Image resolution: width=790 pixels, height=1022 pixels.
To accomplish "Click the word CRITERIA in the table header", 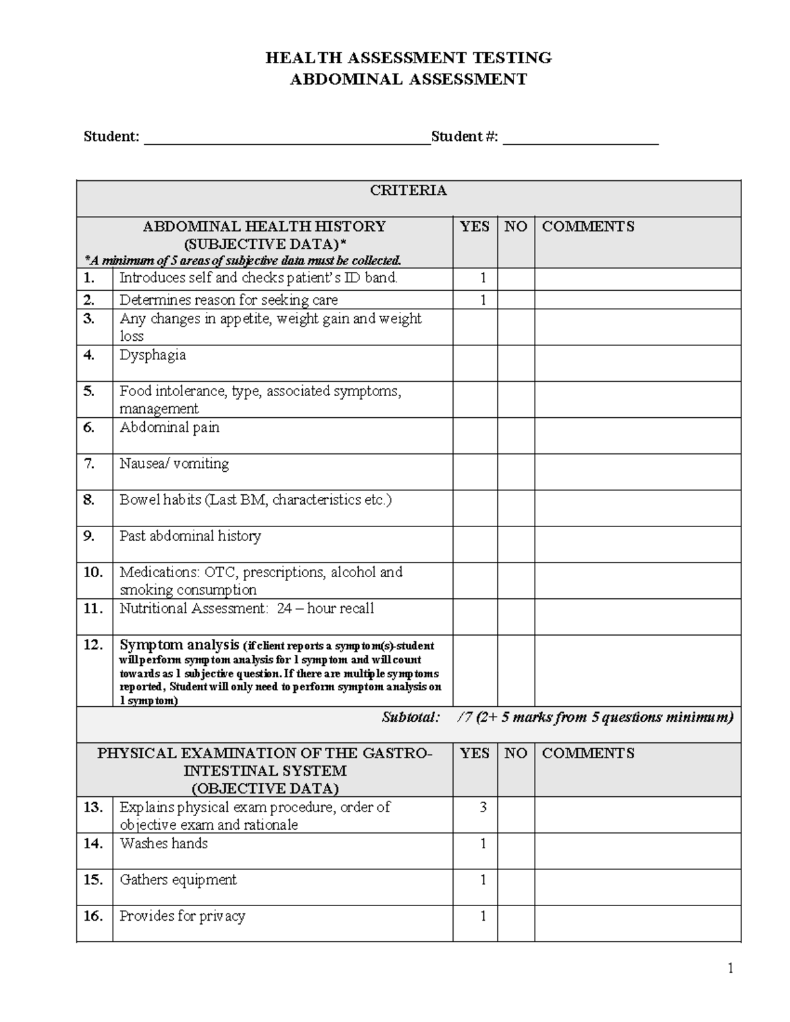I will tap(408, 191).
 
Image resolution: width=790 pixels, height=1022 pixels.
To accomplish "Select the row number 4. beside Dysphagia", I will tap(90, 355).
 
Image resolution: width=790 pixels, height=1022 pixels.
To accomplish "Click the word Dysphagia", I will tap(152, 355).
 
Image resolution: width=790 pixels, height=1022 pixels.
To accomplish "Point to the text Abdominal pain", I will tap(169, 428).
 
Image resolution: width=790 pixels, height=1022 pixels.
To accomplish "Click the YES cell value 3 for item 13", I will tap(483, 807).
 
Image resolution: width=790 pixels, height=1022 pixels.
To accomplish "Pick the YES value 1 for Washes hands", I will tap(483, 844).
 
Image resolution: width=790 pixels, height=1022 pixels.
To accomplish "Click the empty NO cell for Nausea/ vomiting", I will tap(515, 471).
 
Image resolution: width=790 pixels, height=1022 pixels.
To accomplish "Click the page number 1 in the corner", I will tap(730, 968).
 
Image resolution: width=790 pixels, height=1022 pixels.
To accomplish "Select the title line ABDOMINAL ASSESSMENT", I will tap(408, 80).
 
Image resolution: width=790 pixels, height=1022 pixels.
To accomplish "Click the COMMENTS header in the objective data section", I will tap(588, 754).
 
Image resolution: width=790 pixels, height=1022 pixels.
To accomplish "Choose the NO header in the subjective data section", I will tap(515, 227).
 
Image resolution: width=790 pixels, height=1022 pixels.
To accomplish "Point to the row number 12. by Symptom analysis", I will tap(93, 645).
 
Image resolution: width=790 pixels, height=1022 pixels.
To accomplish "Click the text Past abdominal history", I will tap(190, 536).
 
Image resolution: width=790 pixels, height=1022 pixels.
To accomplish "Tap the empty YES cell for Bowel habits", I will tap(475, 507).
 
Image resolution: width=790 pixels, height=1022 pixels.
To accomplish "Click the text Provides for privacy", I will tap(182, 916).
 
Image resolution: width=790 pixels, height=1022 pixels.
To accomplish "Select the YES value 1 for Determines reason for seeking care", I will tap(483, 300).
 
